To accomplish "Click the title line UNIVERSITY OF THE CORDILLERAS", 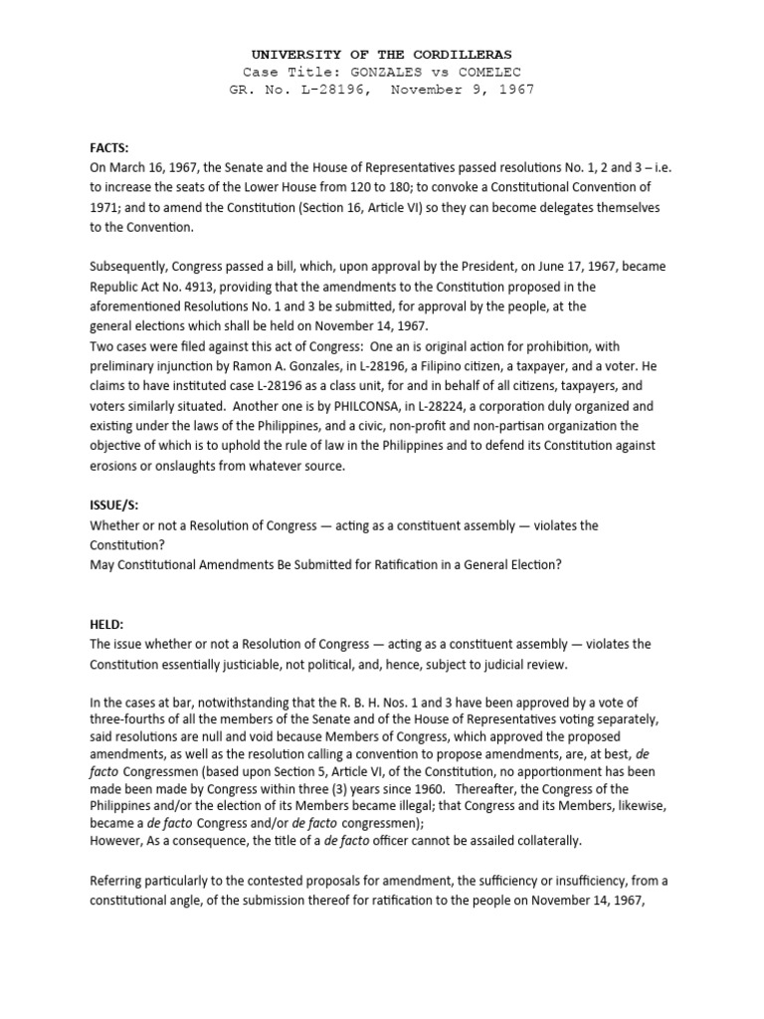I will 382,54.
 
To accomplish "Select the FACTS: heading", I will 108,146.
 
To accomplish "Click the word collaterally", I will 544,841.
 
